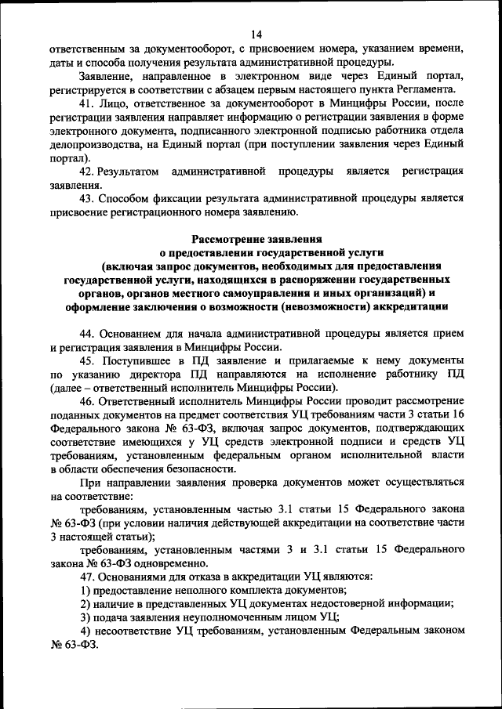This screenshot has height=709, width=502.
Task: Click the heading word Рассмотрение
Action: [234, 239]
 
